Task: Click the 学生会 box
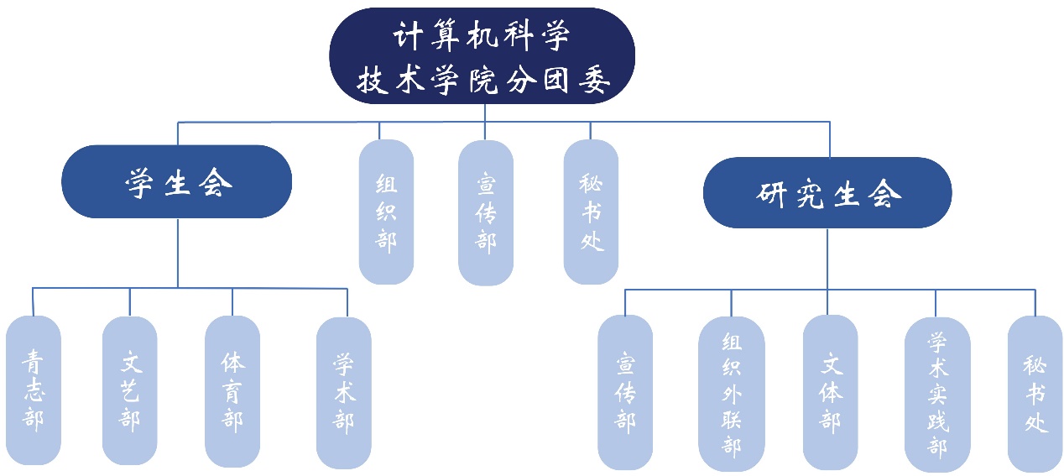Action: (x=177, y=181)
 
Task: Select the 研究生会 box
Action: (x=827, y=192)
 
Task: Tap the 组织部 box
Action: (x=386, y=212)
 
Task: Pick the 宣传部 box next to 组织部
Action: (x=486, y=212)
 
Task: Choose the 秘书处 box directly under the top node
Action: (x=592, y=212)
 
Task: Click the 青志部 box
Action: (x=34, y=390)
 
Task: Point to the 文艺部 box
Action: (x=130, y=390)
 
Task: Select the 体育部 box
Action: (x=232, y=391)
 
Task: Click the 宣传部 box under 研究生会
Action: (x=625, y=393)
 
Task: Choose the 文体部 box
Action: (x=830, y=393)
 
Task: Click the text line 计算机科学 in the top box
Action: (x=482, y=38)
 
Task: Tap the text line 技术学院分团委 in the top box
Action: (x=482, y=81)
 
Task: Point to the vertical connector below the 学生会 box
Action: (x=178, y=252)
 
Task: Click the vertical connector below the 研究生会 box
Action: (x=827, y=259)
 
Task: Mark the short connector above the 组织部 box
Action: (x=379, y=130)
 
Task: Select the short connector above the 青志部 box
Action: (x=33, y=301)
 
